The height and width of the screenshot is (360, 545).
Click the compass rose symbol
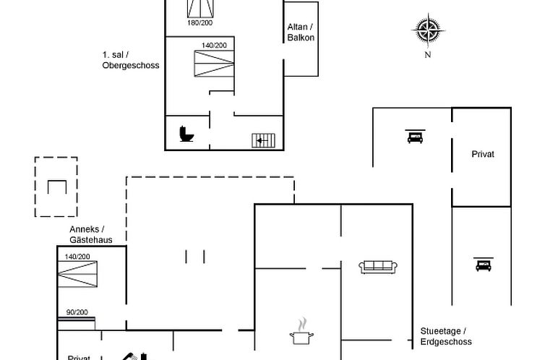point(427,30)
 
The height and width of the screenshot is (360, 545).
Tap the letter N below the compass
point(428,54)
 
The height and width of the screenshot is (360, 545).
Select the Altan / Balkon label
point(301,33)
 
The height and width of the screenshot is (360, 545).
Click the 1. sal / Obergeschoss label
point(131,60)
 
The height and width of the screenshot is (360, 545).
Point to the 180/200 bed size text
point(200,23)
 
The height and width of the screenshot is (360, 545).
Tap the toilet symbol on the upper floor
point(186,134)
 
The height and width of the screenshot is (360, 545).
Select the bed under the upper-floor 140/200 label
point(213,64)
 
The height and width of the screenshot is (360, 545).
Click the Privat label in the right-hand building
point(482,154)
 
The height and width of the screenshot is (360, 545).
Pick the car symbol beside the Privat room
point(415,137)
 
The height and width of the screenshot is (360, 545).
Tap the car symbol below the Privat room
point(482,265)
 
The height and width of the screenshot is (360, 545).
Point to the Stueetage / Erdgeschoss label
point(446,336)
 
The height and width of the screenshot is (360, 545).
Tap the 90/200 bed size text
point(77,312)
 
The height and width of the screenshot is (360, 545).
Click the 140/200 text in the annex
point(77,257)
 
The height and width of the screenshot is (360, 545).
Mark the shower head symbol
point(129,355)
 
